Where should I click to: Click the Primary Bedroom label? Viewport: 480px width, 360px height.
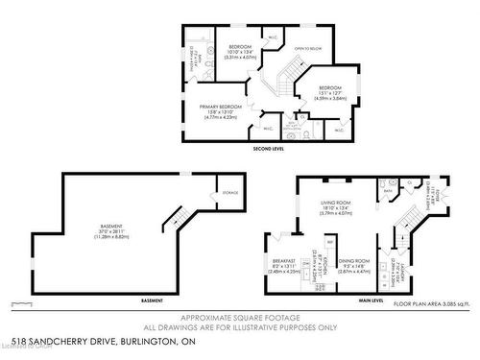point(221,108)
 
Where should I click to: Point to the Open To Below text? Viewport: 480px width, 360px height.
point(307,48)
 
